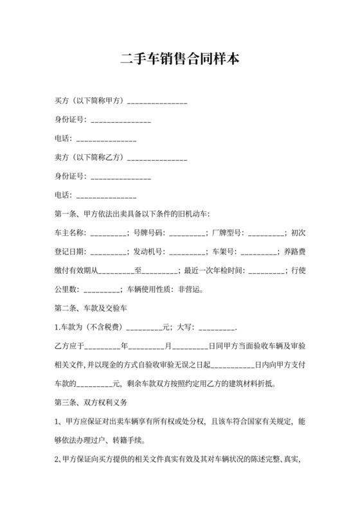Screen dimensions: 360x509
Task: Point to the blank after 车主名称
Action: point(107,233)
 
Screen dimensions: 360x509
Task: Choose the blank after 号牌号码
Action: point(185,233)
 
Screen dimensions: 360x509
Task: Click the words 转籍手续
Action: point(129,441)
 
